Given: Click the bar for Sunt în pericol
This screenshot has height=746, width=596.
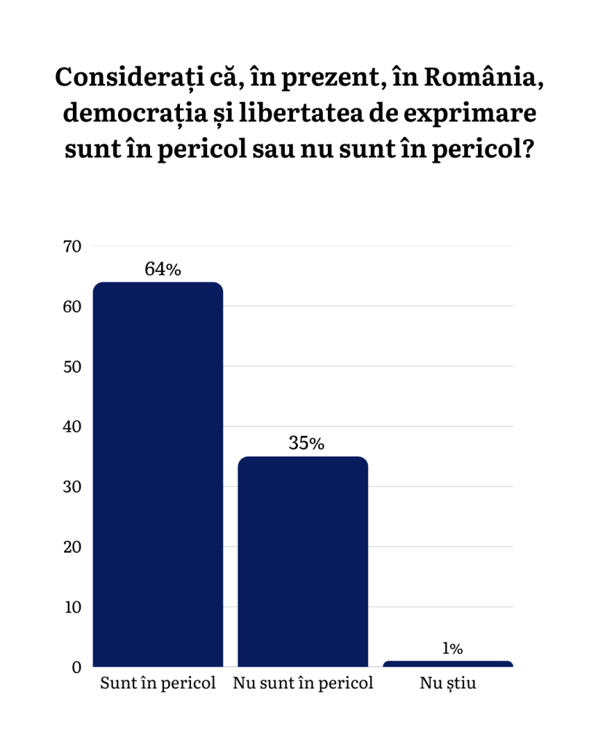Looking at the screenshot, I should (158, 474).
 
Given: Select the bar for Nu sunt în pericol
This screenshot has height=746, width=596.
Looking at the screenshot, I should (303, 562).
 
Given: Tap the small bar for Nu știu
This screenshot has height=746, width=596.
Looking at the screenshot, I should (447, 664).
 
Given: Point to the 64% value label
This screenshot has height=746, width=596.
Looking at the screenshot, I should (162, 269).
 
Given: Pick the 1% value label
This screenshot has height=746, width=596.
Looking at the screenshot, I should (452, 648).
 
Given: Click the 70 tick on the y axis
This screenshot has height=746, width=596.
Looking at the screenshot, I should (72, 246).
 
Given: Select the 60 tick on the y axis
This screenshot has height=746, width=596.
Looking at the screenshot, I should (72, 306).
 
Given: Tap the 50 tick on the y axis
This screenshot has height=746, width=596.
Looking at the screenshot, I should (72, 367).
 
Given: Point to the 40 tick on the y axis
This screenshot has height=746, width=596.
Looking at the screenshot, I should (72, 427).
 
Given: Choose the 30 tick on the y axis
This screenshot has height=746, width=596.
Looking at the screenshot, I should (72, 486).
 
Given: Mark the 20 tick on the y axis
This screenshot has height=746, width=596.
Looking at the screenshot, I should (72, 547).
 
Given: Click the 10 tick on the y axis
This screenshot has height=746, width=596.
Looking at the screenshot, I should (72, 607).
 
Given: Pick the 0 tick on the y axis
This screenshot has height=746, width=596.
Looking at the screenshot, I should (76, 667).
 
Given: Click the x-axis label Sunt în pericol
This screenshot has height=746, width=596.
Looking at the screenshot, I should (158, 684).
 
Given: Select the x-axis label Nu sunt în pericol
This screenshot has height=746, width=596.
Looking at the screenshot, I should (303, 684).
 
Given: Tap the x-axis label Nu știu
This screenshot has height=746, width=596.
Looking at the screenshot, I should (447, 684).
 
